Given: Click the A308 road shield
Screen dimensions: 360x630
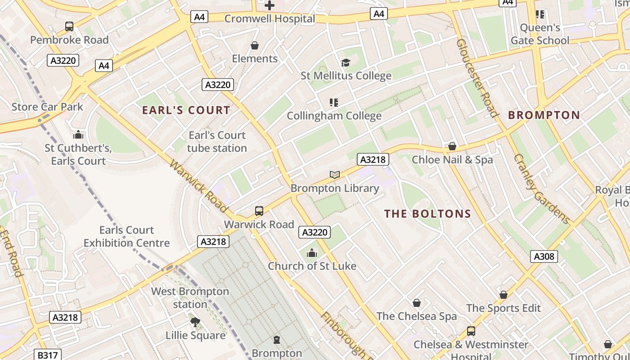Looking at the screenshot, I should [x=544, y=256].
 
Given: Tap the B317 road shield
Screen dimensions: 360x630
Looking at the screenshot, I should [x=47, y=355].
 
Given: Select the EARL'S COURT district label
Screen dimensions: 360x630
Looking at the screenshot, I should [x=186, y=110].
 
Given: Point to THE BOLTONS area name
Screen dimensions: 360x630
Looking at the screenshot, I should [x=427, y=214].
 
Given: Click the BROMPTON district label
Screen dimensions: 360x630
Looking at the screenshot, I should [x=544, y=115].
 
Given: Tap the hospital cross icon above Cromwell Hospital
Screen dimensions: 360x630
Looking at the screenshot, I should [x=270, y=5].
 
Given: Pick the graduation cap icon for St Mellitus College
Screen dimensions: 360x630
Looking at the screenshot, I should [x=346, y=63].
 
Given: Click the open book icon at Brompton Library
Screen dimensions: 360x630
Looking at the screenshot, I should [x=334, y=175].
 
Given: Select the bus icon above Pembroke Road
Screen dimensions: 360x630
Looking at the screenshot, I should [x=69, y=27].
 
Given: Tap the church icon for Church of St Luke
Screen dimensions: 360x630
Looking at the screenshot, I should [x=312, y=253].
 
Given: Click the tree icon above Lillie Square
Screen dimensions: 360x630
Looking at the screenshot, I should [x=195, y=322].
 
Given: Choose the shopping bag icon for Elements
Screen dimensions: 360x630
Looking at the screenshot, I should [x=255, y=45].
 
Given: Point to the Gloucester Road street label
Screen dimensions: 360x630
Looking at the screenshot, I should [x=477, y=77].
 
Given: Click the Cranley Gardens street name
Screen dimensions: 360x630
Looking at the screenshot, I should [x=542, y=189].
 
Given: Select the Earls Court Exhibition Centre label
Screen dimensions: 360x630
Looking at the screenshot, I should [x=126, y=237].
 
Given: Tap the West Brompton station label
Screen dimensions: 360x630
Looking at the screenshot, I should [x=190, y=298].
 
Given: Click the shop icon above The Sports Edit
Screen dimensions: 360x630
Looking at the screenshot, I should [x=504, y=295].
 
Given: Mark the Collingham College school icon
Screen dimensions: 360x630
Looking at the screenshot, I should [x=334, y=103].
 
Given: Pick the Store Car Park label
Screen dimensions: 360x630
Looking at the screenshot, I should [x=47, y=107].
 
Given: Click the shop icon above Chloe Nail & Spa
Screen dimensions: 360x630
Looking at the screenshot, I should [x=452, y=146].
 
